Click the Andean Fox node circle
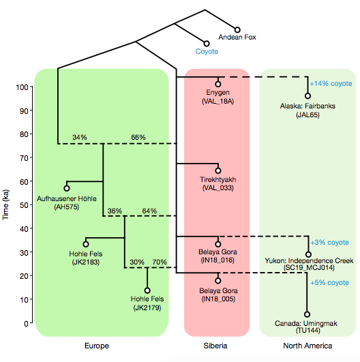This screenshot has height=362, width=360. tap(237, 30)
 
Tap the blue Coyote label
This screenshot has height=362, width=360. tap(207, 51)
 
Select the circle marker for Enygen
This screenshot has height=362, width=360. tap(218, 84)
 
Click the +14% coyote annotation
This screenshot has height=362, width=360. tap(331, 84)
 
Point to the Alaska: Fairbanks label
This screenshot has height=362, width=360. tap(307, 106)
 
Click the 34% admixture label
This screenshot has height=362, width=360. tap(80, 137)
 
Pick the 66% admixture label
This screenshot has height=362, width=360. tap(138, 137)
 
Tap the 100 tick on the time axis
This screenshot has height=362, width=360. tap(22, 87)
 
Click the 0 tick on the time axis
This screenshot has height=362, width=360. tap(27, 324)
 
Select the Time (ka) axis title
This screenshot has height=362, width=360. tap(5, 205)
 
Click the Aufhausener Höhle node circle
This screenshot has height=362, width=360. tap(67, 188)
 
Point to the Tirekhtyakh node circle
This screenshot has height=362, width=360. tap(218, 170)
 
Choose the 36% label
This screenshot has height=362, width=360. tap(115, 211)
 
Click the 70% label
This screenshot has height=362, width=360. tap(160, 262)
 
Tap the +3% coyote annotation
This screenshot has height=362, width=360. tap(329, 243)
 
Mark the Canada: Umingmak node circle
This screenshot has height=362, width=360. tap(307, 314)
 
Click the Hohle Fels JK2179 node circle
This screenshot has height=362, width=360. tap(147, 290)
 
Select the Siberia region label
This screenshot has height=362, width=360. tap(215, 346)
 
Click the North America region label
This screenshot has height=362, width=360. tap(307, 346)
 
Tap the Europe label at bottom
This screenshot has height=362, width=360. tap(97, 346)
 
